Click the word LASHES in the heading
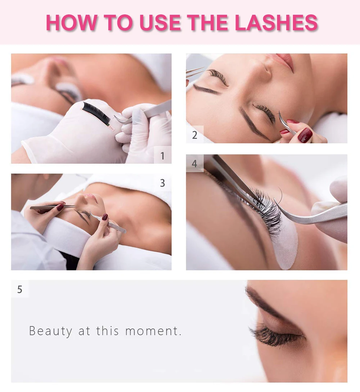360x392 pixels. (276, 23)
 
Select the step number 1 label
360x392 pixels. (163, 156)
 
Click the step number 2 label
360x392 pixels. (195, 135)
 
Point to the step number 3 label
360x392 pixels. (163, 183)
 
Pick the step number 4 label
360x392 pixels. (194, 164)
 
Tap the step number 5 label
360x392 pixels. (20, 289)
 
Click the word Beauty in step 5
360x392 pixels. (50, 331)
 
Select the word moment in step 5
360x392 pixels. (152, 331)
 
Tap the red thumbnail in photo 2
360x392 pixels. (305, 135)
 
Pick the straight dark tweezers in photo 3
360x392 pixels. (53, 207)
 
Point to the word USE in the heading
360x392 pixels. (160, 23)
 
